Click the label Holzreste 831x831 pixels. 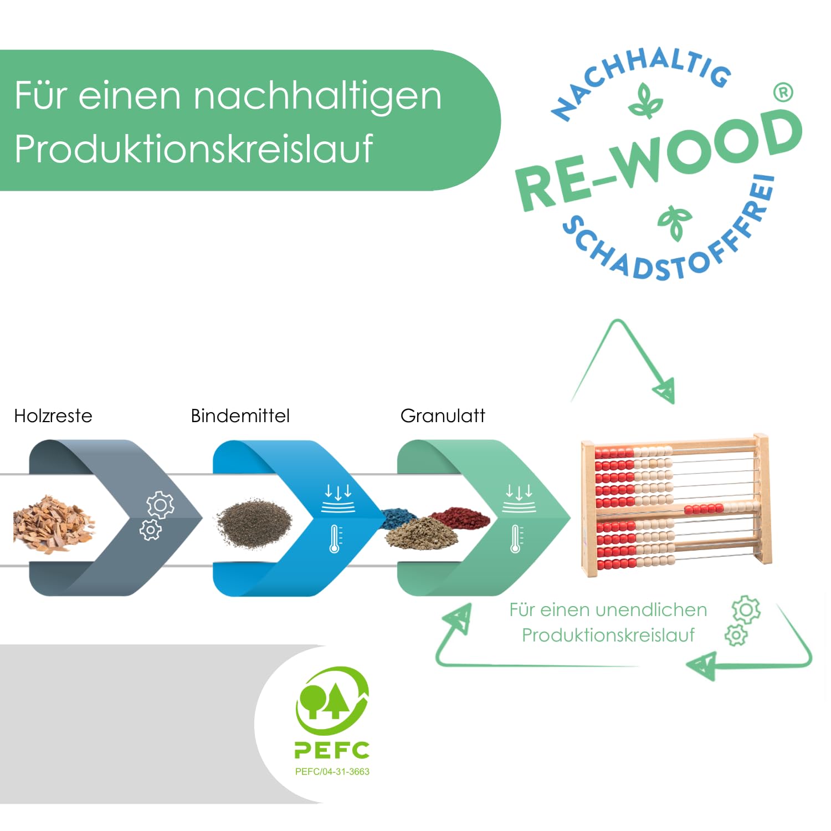[x=53, y=416]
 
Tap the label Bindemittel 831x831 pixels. [x=240, y=416]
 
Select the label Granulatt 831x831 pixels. [x=442, y=416]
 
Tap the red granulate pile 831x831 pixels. [x=461, y=517]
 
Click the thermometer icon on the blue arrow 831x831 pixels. [x=335, y=538]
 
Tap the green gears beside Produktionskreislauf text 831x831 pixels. [x=742, y=620]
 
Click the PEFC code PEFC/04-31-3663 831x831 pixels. [x=332, y=771]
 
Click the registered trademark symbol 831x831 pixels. [x=783, y=92]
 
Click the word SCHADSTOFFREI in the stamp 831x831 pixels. [x=670, y=244]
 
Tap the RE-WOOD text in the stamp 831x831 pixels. [x=659, y=161]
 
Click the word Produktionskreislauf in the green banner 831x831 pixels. [x=194, y=148]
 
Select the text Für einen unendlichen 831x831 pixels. [x=608, y=609]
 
